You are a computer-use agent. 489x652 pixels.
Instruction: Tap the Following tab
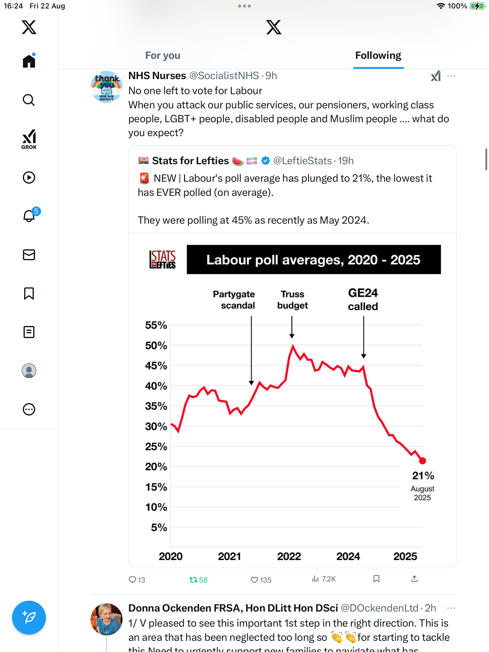378,56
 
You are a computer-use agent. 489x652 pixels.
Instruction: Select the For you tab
163,56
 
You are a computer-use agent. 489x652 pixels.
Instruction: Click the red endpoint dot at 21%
422,461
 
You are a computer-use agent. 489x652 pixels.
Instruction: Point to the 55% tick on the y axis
156,325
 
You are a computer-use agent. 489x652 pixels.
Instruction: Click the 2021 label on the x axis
229,556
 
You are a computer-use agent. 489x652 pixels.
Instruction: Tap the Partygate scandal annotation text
234,300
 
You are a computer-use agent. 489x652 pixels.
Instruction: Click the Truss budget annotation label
292,300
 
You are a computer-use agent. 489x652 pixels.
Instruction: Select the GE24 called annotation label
363,299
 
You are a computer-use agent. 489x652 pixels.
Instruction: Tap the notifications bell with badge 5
29,216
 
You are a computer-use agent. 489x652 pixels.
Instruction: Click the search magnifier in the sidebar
29,100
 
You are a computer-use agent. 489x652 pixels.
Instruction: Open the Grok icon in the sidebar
29,139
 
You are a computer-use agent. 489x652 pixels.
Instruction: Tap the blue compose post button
29,618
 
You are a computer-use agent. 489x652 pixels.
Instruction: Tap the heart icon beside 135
254,580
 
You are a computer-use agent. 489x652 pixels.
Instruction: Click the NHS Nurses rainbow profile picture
107,87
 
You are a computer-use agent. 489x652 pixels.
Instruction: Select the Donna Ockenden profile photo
107,619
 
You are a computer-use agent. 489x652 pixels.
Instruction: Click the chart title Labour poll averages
313,260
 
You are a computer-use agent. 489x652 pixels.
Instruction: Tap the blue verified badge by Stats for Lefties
266,161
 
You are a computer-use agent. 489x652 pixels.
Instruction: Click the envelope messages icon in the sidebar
29,255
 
